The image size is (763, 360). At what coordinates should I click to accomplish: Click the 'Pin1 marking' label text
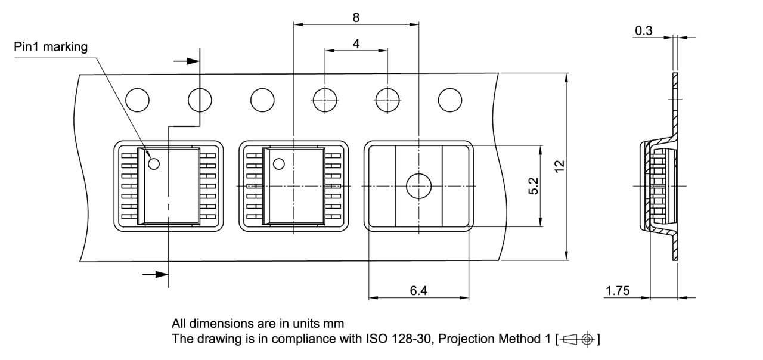[51, 47]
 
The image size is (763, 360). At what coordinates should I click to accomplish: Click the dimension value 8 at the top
[356, 17]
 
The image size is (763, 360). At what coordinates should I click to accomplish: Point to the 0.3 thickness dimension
[644, 30]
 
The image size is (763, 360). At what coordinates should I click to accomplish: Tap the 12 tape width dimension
[559, 167]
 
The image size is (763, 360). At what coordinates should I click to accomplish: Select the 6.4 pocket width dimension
[418, 290]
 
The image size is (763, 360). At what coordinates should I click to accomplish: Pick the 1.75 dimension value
[618, 290]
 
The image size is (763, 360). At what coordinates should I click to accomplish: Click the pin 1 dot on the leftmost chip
[154, 164]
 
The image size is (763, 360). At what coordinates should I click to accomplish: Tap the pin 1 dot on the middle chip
[278, 164]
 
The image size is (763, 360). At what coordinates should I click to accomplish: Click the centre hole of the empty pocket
[418, 186]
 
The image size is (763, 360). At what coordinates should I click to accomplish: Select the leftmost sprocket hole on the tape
[138, 100]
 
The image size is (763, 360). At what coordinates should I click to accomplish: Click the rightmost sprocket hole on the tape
[451, 100]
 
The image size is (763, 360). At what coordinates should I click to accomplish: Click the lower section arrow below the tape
[155, 274]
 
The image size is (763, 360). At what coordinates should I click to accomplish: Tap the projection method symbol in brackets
[578, 339]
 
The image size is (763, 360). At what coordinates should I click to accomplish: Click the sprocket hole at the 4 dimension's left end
[325, 100]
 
